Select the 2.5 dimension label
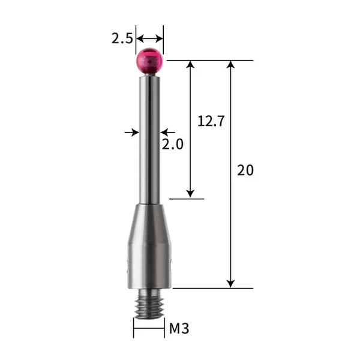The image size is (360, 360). coord(122,39)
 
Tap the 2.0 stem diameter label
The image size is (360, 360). coord(172,144)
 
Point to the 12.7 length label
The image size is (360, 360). coord(211,121)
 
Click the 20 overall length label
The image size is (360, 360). coord(245,170)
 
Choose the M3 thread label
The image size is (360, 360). coord(179,328)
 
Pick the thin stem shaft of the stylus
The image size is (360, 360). coord(149,138)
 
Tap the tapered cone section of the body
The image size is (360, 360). coord(149,219)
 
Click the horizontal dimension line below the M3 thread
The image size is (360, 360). coord(149,329)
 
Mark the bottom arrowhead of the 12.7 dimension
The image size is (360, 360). coord(191,193)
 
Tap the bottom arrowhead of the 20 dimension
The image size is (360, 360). coord(230,283)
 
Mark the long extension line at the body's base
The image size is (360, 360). coord(210,289)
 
